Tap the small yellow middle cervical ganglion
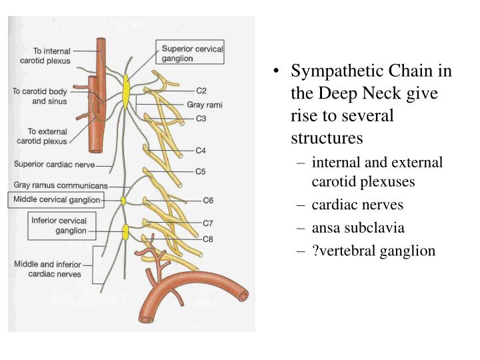click(x=123, y=200)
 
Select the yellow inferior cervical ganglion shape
click(x=125, y=231)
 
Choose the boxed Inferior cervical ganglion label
click(x=59, y=225)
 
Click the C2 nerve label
click(x=201, y=90)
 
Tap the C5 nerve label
click(x=201, y=171)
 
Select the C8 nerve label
click(x=208, y=239)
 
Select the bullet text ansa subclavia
click(x=357, y=227)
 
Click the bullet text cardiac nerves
click(x=357, y=205)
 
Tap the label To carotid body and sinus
click(x=40, y=97)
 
